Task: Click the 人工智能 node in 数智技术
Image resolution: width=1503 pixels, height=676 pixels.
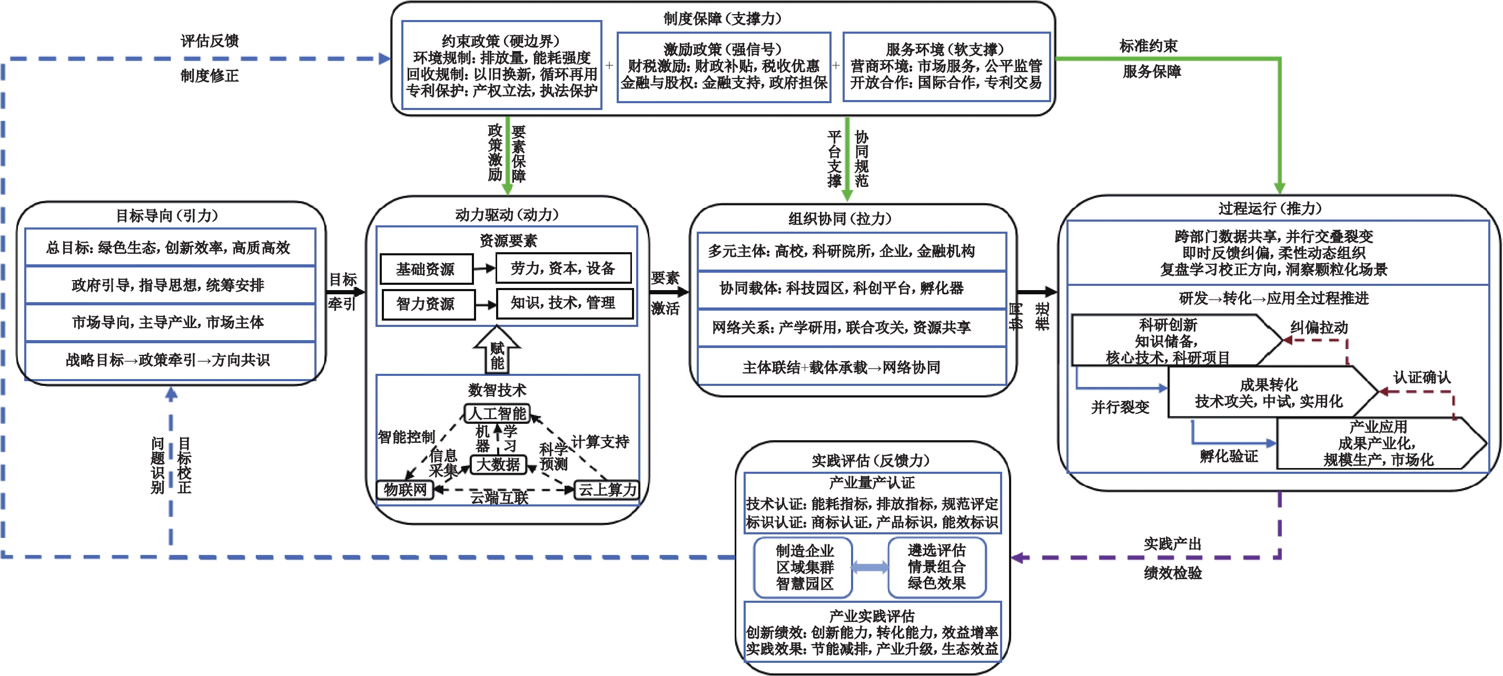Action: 497,413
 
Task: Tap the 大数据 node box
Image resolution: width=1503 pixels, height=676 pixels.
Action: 498,464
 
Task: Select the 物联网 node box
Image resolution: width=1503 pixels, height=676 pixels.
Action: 405,489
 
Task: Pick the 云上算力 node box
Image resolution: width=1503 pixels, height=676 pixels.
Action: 607,489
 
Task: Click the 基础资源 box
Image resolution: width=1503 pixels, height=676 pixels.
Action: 427,269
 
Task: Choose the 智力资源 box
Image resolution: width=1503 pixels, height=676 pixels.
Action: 428,304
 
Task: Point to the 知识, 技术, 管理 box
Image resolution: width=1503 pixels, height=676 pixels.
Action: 564,303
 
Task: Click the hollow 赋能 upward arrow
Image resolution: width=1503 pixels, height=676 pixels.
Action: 497,349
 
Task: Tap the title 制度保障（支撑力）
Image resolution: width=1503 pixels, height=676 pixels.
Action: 723,18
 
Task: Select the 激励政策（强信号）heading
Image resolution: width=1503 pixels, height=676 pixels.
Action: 723,49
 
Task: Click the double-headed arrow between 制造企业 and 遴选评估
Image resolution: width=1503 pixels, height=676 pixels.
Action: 870,567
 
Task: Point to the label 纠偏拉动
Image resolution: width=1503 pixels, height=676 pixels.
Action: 1319,327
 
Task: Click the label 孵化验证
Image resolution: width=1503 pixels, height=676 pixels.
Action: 1229,456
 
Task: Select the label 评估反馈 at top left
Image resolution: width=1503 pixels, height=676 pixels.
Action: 210,41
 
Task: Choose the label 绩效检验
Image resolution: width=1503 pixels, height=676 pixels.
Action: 1173,573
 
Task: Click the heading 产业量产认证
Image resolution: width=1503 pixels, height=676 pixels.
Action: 872,482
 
